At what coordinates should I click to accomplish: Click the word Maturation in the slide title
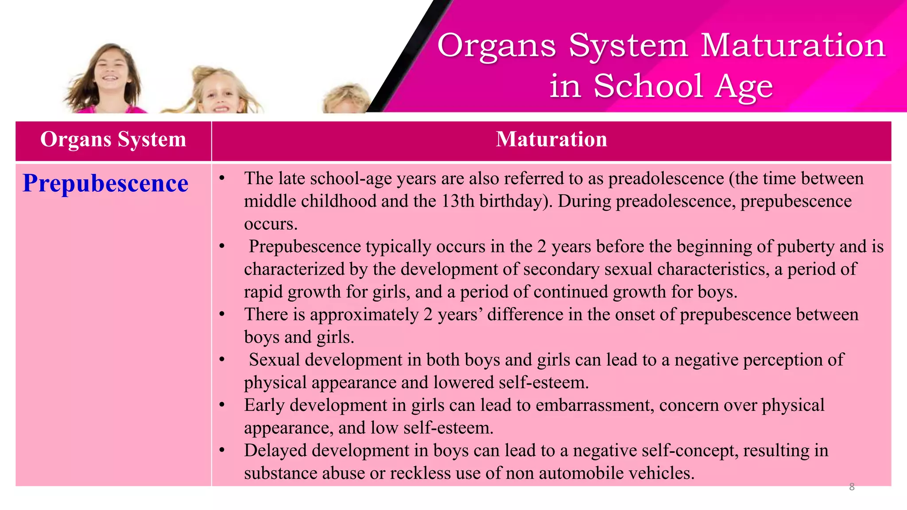[793, 45]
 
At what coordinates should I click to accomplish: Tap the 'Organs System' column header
[113, 139]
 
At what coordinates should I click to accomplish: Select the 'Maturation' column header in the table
[551, 139]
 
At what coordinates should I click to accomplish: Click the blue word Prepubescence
[105, 183]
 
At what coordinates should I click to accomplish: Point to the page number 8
[852, 487]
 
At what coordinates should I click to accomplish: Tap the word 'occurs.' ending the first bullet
[271, 224]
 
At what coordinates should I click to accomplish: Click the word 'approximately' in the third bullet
[364, 314]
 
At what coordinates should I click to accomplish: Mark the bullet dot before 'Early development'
[222, 405]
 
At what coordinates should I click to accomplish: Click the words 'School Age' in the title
[683, 86]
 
